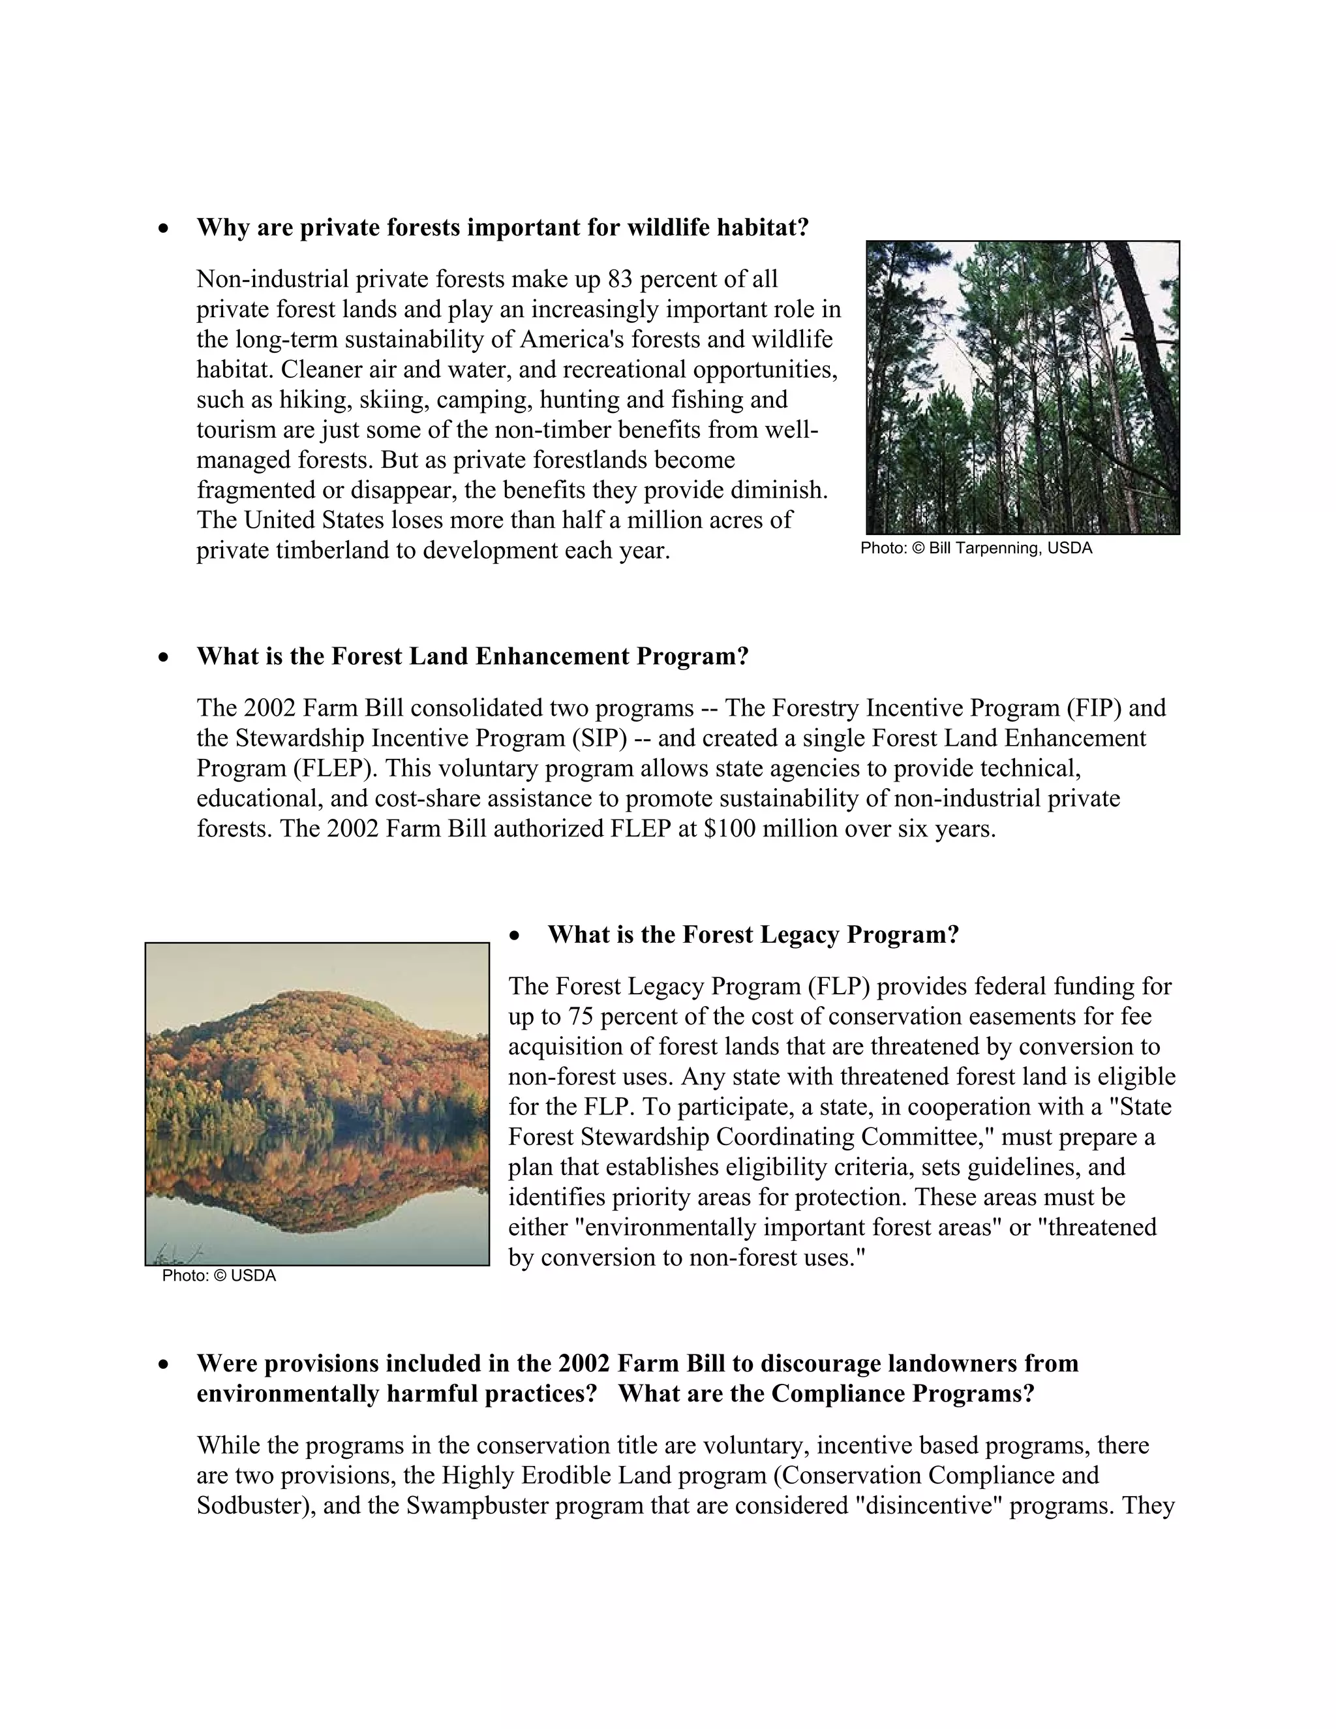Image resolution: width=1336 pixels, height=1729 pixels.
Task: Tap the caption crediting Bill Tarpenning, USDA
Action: coord(976,549)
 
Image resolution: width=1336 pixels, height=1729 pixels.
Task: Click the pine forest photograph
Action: coord(1023,387)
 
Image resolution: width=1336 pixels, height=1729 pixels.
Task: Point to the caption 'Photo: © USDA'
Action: coord(219,1276)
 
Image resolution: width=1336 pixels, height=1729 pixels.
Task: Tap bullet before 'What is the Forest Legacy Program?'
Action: coord(515,936)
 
